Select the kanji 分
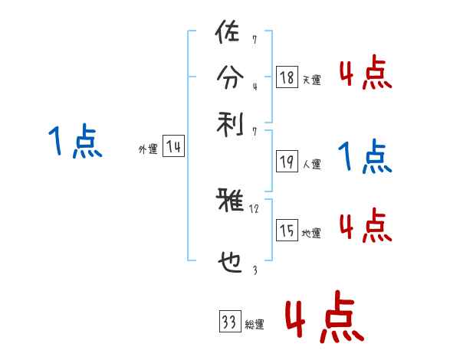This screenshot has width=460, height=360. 229,77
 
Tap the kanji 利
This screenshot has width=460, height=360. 229,122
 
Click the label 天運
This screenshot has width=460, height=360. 311,80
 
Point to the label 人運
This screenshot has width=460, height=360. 311,164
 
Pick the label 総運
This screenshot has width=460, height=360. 254,325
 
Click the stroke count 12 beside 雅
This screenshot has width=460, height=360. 255,208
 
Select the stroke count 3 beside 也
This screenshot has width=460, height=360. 254,270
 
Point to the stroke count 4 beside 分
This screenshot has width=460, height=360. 254,86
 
